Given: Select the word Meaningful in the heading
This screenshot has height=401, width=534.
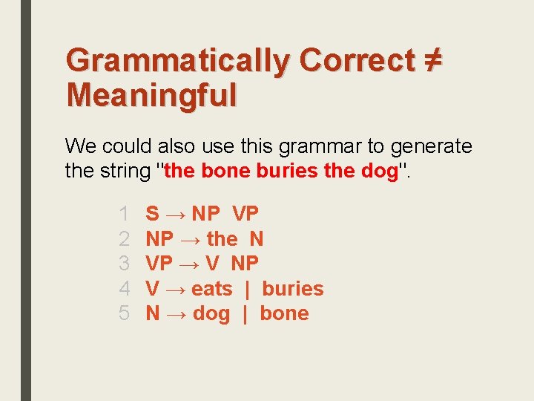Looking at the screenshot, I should tap(151, 95).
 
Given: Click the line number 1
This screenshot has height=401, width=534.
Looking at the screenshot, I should tap(125, 214).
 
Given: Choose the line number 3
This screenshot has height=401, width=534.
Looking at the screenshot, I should tap(125, 264).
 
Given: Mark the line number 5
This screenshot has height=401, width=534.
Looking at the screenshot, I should tap(125, 313).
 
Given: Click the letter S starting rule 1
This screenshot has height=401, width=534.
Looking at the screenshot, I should tap(152, 214).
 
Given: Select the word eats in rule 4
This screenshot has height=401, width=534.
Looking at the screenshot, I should tap(211, 289).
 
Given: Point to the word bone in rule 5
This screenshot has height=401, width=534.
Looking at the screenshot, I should tap(284, 313).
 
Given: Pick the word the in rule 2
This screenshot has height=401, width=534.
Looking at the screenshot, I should tap(222, 239).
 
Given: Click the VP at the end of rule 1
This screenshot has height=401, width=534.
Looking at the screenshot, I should tap(245, 214).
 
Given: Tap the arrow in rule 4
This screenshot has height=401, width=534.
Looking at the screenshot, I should tap(174, 289).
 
